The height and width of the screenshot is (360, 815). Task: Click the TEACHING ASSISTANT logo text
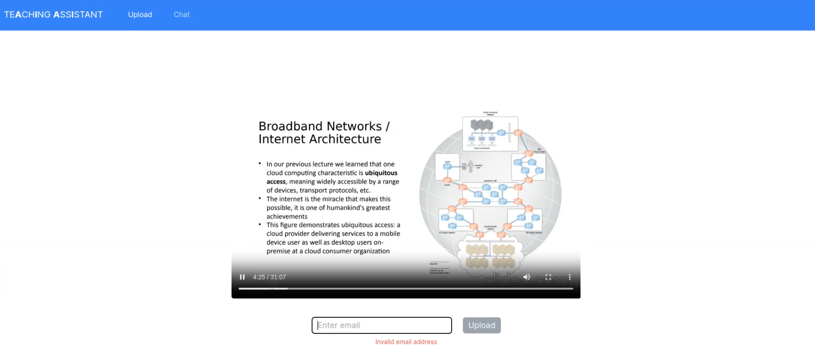click(x=54, y=15)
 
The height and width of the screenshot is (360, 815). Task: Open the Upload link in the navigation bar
click(x=140, y=15)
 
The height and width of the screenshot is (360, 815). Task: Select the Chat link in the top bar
click(x=181, y=15)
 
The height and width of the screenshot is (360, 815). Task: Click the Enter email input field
click(x=381, y=325)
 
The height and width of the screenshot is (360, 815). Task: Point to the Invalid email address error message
click(x=406, y=342)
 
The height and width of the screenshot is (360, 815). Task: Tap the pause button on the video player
click(x=242, y=277)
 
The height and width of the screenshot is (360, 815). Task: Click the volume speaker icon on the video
click(x=526, y=277)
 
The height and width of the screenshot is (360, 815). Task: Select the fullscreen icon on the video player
click(x=548, y=277)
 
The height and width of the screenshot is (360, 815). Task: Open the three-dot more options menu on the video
click(x=570, y=277)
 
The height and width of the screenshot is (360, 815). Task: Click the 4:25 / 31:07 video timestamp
click(x=269, y=277)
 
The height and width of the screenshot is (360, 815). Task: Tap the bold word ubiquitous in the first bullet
click(x=381, y=173)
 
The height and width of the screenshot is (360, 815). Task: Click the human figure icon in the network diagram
click(x=471, y=166)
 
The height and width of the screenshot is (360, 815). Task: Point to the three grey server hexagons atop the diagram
click(x=481, y=125)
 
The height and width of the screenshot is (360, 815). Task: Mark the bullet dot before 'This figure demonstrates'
click(x=260, y=225)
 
